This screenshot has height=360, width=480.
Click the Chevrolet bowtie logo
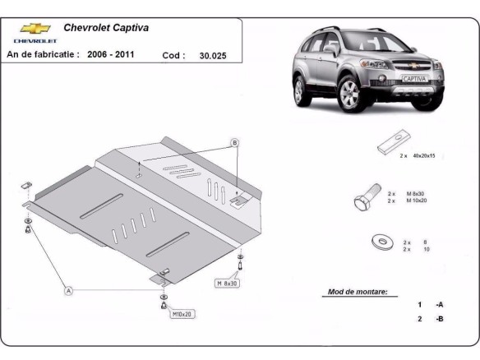click(x=35, y=28)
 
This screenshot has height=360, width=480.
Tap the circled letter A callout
click(x=68, y=289)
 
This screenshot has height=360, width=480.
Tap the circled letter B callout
click(x=234, y=143)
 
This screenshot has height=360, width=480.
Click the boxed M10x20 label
click(x=182, y=314)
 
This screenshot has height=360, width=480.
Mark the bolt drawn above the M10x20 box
click(x=163, y=302)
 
